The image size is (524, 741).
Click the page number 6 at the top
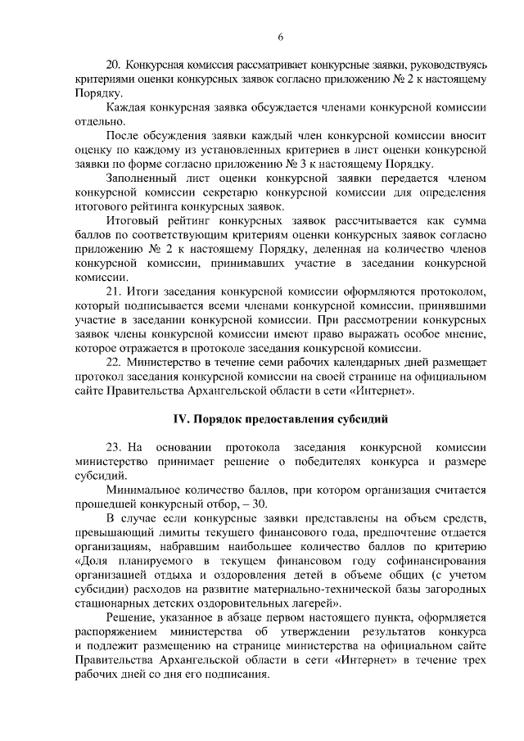(280, 36)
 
